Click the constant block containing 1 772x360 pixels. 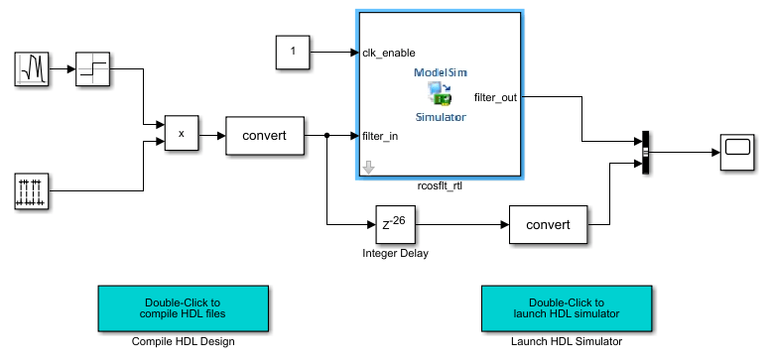[x=292, y=52]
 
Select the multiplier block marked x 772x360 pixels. [x=181, y=133]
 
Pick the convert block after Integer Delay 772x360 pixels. [x=547, y=224]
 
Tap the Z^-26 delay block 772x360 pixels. [x=394, y=225]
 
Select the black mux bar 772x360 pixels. [x=645, y=153]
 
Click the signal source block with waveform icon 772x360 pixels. [x=33, y=69]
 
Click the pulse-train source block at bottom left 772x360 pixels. [x=33, y=190]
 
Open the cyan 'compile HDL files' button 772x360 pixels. [x=184, y=308]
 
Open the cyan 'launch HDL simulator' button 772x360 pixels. [x=566, y=308]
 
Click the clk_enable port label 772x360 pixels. [x=389, y=53]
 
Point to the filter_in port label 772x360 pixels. [x=381, y=136]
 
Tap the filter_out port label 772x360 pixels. [x=495, y=97]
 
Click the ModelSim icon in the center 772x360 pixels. [x=440, y=94]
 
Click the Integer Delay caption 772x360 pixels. [x=394, y=254]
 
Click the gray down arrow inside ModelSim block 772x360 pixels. [x=369, y=168]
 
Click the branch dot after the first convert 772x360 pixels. [x=326, y=135]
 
